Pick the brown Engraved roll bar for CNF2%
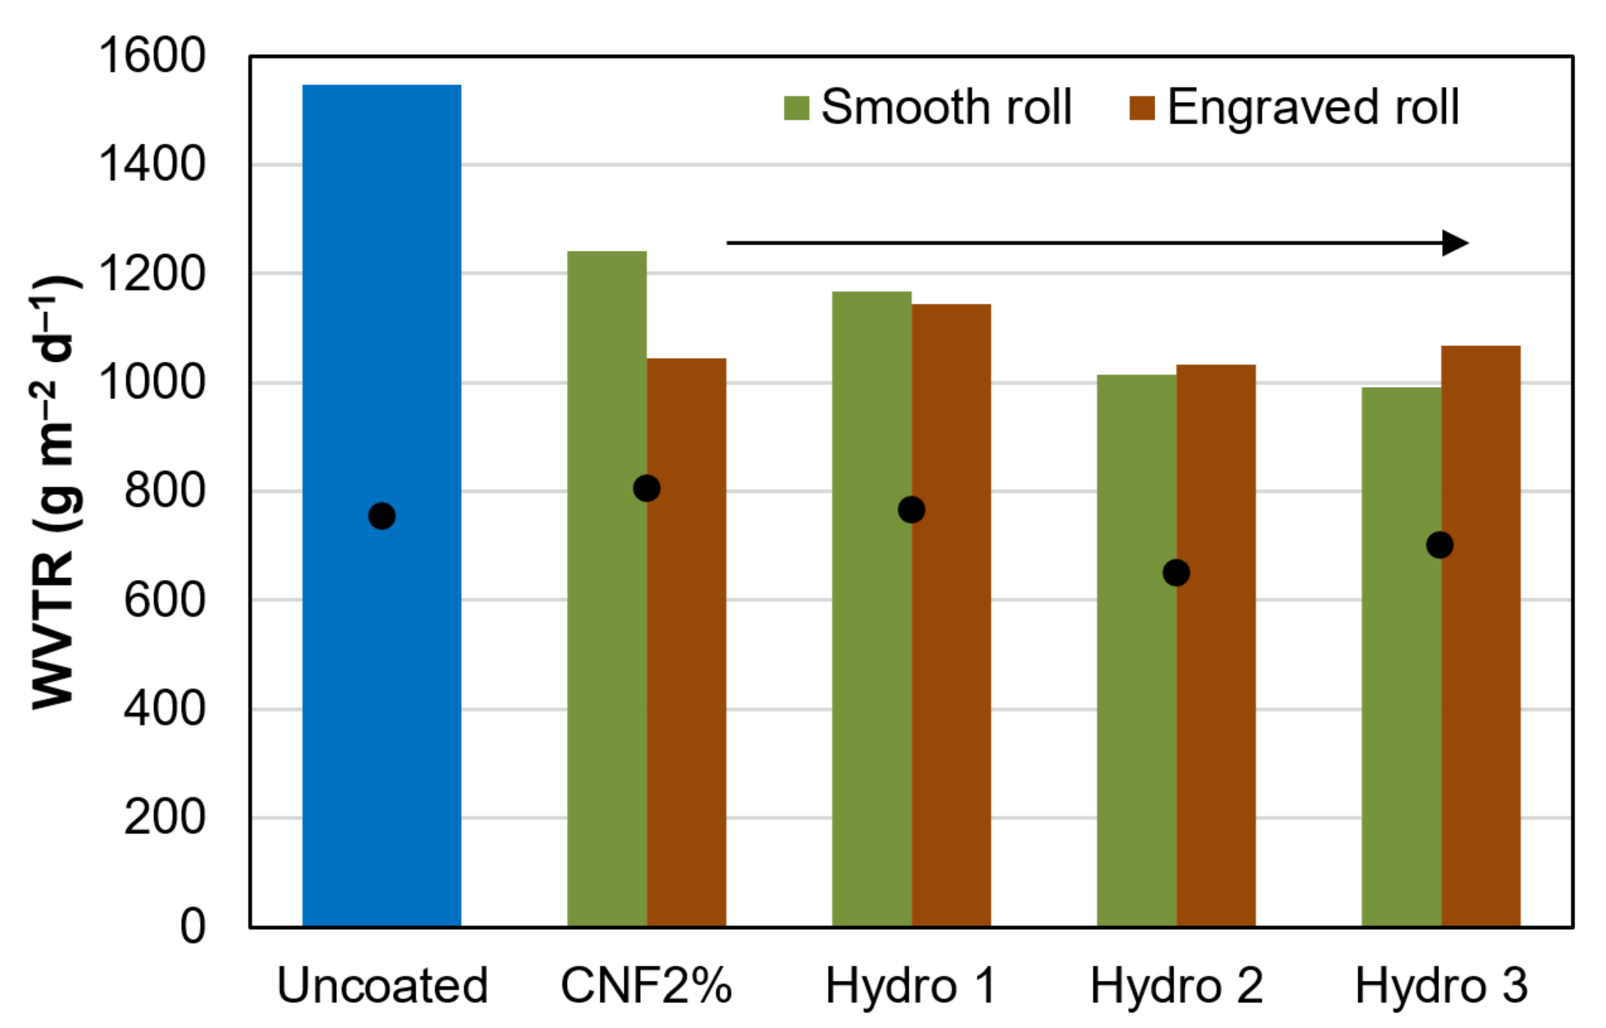pos(686,667)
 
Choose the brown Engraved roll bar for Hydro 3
pos(1481,667)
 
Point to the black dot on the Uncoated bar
pos(382,516)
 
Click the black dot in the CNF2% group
pos(646,488)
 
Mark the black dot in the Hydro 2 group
pos(1176,572)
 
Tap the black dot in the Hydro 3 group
pos(1440,544)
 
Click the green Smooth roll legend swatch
pos(796,108)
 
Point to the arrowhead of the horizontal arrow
pos(1457,243)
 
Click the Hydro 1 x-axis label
pos(911,985)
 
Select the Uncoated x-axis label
pos(383,985)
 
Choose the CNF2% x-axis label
pos(646,985)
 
